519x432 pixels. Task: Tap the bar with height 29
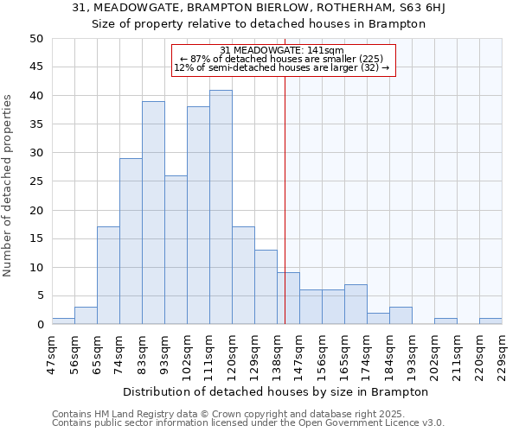(131, 241)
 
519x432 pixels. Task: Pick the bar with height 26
(176, 250)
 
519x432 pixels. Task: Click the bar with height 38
(198, 215)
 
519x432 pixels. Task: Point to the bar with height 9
(288, 298)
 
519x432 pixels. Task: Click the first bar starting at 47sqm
(63, 321)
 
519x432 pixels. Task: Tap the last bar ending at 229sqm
(490, 321)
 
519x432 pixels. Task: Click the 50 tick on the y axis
(36, 39)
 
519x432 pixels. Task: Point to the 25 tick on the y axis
(36, 181)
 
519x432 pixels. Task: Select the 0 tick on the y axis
(40, 325)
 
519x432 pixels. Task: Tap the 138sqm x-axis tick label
(278, 353)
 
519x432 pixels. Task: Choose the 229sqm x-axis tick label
(503, 353)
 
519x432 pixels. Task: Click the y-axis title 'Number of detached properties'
(8, 186)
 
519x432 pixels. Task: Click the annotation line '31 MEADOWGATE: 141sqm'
(282, 50)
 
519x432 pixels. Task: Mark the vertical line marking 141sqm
(285, 190)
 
